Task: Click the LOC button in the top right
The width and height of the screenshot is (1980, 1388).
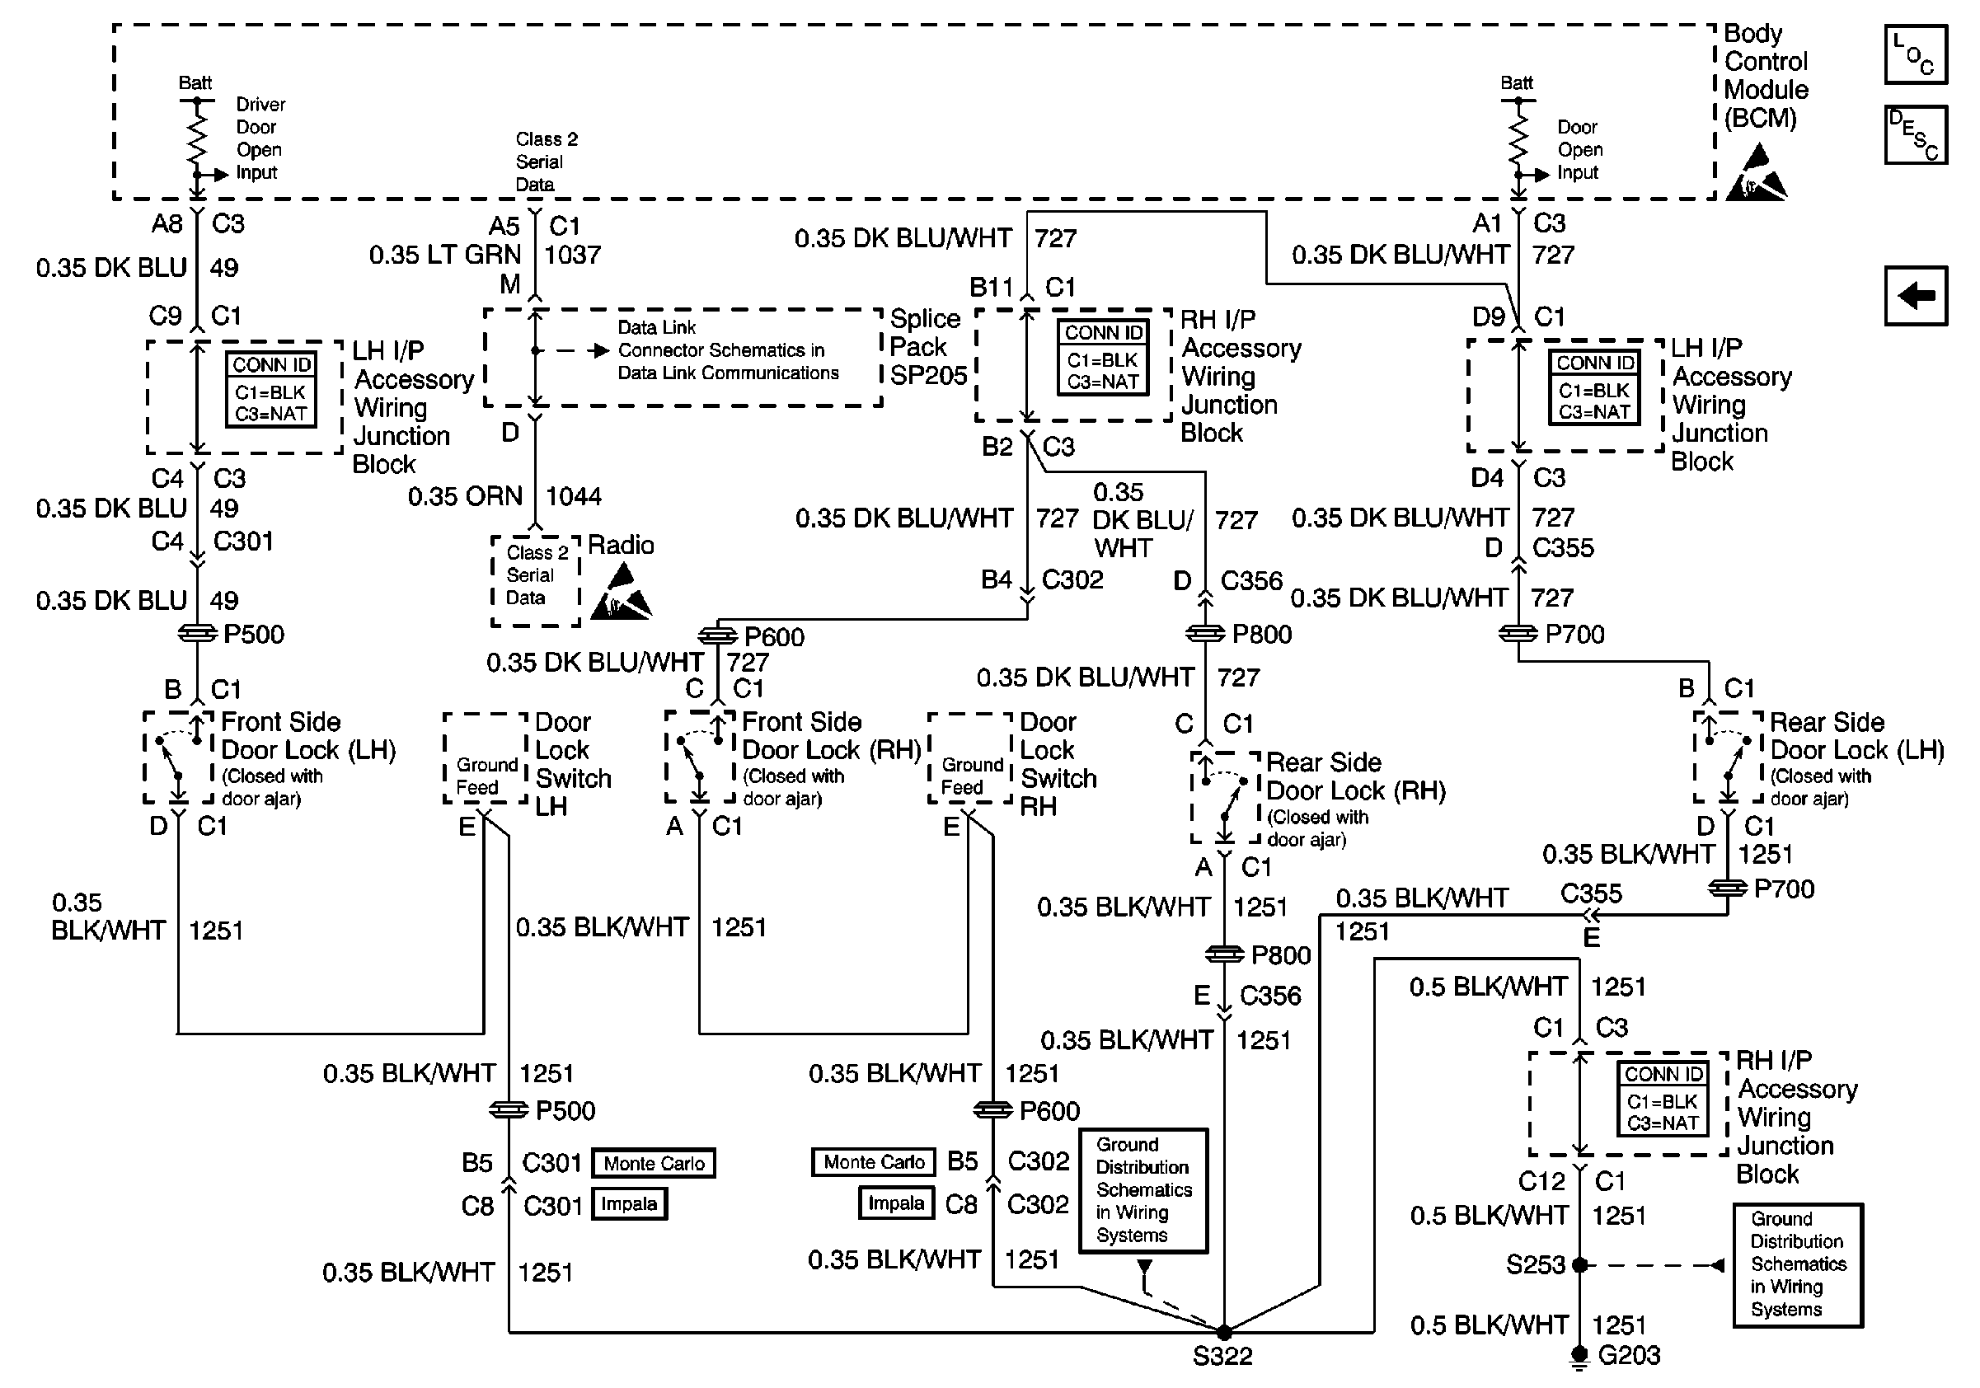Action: [x=1916, y=54]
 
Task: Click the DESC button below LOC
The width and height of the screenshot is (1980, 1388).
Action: [x=1916, y=134]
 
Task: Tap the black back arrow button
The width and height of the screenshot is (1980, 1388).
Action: [x=1916, y=296]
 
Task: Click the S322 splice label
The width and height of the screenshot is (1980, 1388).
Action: [x=1222, y=1357]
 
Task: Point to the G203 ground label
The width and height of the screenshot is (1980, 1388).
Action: [x=1629, y=1356]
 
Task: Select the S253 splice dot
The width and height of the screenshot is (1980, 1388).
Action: [x=1580, y=1265]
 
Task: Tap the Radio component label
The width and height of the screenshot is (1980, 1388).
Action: [x=621, y=545]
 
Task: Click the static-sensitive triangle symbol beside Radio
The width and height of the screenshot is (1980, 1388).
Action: [x=621, y=593]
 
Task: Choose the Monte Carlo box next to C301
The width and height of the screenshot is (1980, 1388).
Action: [x=654, y=1164]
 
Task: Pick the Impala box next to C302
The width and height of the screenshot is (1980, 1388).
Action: [x=897, y=1203]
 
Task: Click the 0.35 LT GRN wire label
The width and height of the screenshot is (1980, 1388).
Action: [x=445, y=256]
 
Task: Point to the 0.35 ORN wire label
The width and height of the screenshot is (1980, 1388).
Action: [x=466, y=496]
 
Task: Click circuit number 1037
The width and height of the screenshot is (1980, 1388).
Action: [x=573, y=256]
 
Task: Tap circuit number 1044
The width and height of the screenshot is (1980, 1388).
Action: [x=574, y=496]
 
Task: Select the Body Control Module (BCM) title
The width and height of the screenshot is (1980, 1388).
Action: [x=1767, y=76]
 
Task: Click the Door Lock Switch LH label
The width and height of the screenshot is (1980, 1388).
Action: [x=574, y=765]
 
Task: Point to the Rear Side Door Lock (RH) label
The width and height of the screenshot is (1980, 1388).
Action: [x=1356, y=777]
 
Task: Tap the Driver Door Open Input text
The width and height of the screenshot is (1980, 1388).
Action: [x=260, y=138]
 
